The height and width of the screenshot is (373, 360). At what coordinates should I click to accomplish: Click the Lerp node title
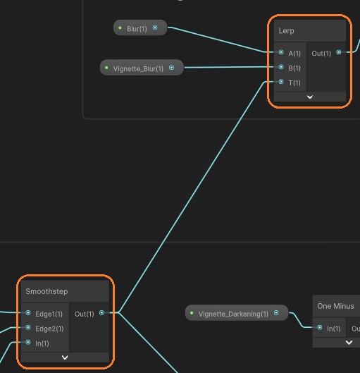(x=286, y=31)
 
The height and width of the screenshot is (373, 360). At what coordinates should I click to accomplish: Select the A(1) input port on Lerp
(x=281, y=52)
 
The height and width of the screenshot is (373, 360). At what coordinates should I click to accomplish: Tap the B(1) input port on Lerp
(x=281, y=67)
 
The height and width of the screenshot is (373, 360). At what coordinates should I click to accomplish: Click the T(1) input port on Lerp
(x=281, y=82)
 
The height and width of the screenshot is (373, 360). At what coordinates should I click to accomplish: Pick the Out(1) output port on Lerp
(x=339, y=52)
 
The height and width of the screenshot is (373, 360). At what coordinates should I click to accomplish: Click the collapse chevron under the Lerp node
(x=309, y=97)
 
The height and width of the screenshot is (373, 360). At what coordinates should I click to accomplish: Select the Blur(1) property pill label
(x=137, y=29)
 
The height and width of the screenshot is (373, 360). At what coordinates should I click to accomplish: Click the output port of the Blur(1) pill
(x=155, y=27)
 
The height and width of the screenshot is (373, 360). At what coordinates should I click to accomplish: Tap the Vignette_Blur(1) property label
(x=138, y=69)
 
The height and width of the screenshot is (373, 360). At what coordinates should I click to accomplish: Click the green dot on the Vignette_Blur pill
(x=106, y=68)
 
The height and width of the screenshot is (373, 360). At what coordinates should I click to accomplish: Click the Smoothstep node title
(x=46, y=291)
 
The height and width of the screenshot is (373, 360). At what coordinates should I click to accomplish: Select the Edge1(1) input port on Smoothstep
(x=28, y=312)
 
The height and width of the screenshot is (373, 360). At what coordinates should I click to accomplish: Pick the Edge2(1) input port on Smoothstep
(x=28, y=328)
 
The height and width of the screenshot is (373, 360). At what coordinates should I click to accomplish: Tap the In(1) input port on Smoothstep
(x=28, y=342)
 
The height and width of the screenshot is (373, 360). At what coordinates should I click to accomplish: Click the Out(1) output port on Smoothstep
(x=101, y=312)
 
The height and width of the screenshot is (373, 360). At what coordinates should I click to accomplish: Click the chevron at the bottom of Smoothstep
(x=65, y=357)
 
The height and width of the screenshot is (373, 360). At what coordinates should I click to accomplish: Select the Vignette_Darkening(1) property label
(x=233, y=314)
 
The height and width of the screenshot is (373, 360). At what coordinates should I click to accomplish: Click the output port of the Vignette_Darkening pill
(x=276, y=313)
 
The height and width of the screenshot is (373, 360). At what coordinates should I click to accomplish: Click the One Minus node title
(x=335, y=306)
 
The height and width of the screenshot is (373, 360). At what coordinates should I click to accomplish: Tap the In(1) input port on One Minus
(x=320, y=328)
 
